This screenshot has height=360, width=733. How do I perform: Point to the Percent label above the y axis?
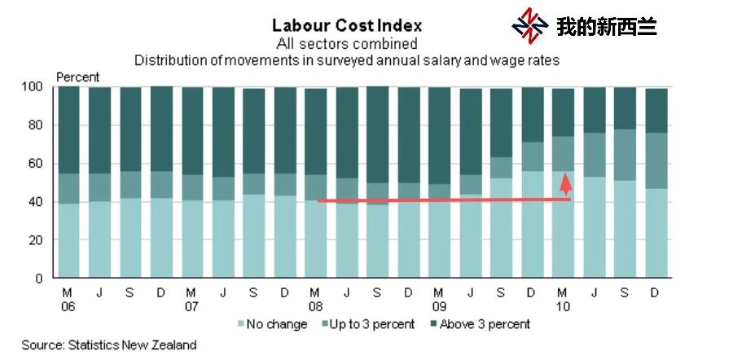click(77, 77)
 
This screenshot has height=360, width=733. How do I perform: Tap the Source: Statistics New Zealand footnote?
click(109, 345)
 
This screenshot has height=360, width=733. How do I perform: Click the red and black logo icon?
click(529, 26)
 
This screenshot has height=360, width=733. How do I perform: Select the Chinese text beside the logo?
click(607, 27)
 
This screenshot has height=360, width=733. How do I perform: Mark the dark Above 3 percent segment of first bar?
click(68, 130)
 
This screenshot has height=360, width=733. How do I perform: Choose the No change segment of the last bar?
click(656, 233)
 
